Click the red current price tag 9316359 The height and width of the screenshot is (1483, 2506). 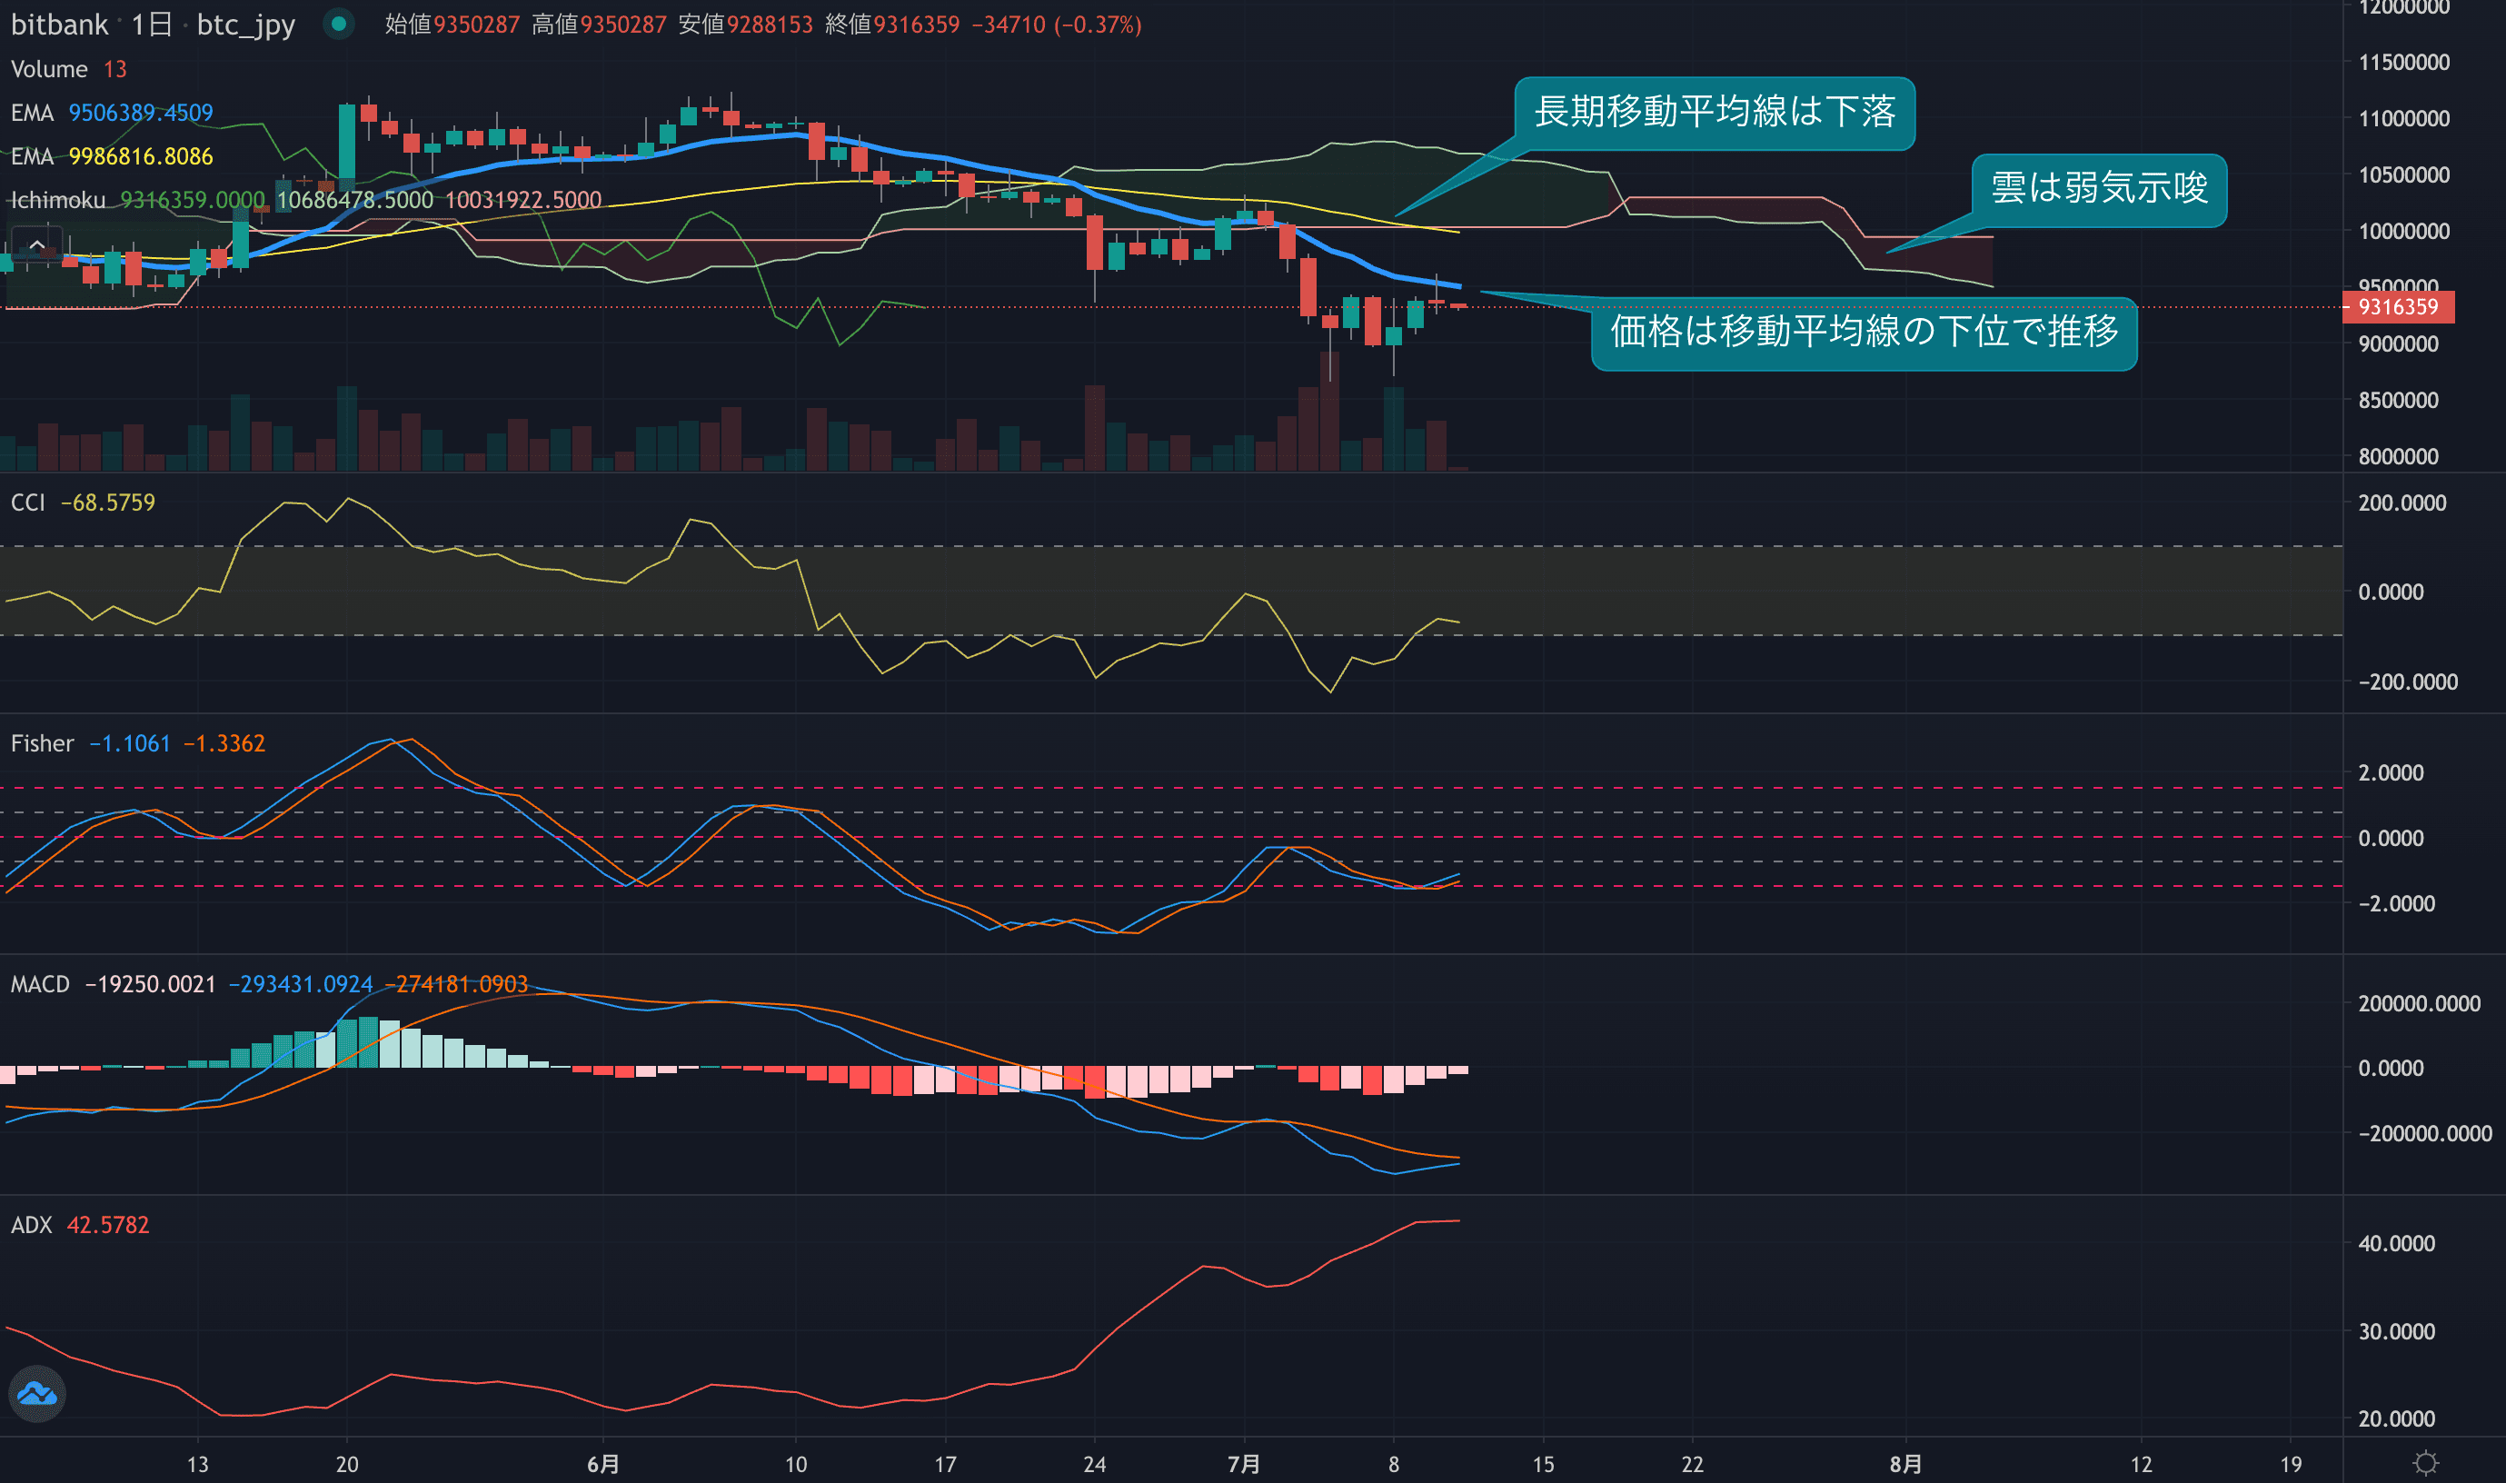[2397, 307]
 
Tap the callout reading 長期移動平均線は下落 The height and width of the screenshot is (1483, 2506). [1714, 112]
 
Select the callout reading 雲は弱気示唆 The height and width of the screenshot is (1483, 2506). [2098, 189]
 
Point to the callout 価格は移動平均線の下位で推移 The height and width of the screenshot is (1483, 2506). [1864, 332]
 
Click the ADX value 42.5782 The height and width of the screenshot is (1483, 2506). [108, 1224]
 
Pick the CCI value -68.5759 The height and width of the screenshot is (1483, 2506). [108, 503]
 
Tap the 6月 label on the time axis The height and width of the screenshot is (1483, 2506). [602, 1464]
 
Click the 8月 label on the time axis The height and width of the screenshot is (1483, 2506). [1904, 1464]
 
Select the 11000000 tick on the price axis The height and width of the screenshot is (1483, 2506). [2403, 119]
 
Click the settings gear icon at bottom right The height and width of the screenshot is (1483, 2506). [2425, 1463]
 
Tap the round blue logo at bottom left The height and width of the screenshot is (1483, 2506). [37, 1393]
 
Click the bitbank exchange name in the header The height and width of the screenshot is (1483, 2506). [59, 25]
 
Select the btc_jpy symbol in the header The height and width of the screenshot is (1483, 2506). [246, 25]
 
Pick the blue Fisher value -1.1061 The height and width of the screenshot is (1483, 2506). [130, 743]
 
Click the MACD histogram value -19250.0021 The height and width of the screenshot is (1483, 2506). [150, 984]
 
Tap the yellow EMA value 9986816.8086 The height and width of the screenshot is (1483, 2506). [141, 157]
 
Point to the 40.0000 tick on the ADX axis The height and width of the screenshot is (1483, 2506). [2396, 1243]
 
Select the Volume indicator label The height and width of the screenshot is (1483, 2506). [49, 69]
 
